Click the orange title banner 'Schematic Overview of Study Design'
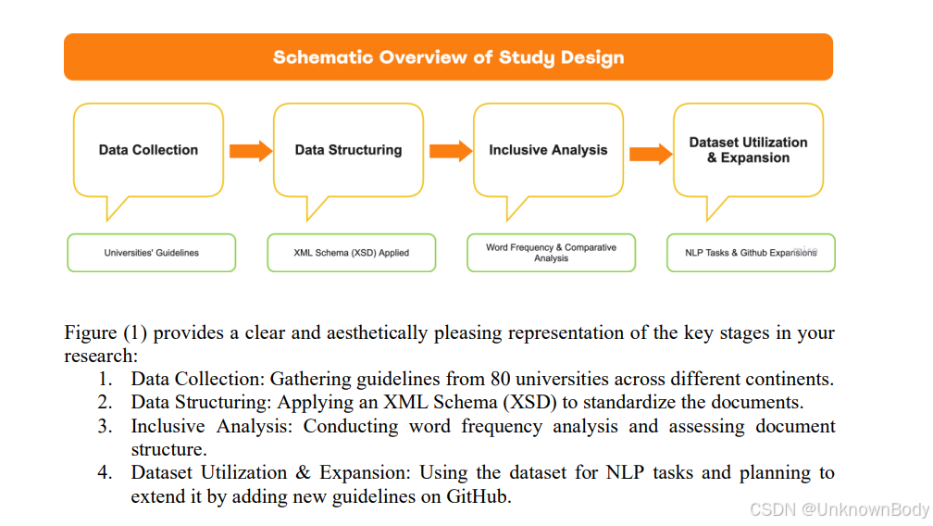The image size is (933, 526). [x=448, y=57]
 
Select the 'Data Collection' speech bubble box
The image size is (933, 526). [x=148, y=150]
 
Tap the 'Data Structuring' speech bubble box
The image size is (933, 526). [x=348, y=150]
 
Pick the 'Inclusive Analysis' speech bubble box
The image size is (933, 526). [x=548, y=150]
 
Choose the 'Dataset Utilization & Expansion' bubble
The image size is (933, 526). [x=748, y=150]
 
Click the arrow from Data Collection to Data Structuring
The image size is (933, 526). [x=250, y=150]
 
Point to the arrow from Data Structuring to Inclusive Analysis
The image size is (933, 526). [x=450, y=150]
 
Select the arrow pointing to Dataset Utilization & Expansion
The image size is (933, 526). [x=651, y=154]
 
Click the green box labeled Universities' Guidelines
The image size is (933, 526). [x=151, y=253]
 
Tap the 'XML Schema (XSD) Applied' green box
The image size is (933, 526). [x=351, y=253]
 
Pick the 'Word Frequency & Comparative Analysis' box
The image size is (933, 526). [x=551, y=253]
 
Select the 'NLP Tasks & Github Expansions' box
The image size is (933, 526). [x=751, y=253]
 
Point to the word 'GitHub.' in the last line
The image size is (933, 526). [x=479, y=496]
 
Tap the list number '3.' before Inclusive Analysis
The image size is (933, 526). [x=106, y=426]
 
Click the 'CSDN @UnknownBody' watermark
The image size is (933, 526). [x=839, y=509]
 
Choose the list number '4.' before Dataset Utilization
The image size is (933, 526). [x=106, y=473]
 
